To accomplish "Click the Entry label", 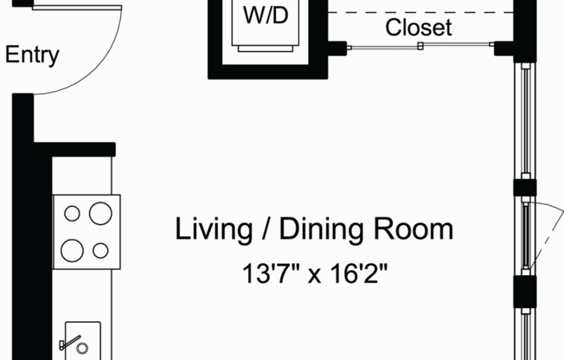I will tap(32, 56).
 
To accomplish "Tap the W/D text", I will tap(266, 16).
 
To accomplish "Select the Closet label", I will tap(419, 27).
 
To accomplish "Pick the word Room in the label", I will tap(413, 230).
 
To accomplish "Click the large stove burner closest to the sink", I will tap(73, 251).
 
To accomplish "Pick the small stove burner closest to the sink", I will tap(100, 251).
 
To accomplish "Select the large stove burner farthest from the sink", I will tap(100, 212).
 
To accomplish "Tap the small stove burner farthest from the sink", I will tap(73, 213).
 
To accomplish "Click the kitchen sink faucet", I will tap(68, 344).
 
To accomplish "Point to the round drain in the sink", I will tap(82, 349).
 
